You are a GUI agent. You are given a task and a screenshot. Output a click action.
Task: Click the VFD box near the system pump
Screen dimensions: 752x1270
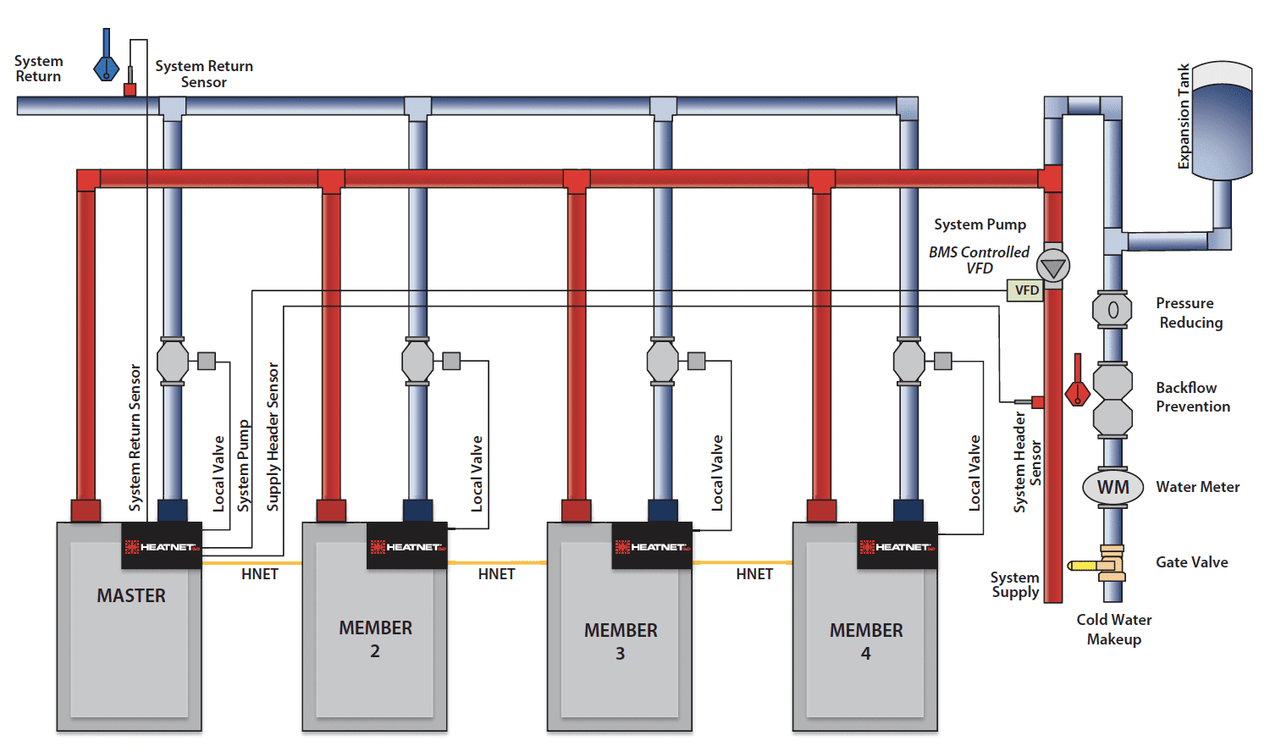click(1026, 290)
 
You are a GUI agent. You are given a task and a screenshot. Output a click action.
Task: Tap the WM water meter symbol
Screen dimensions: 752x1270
click(1113, 487)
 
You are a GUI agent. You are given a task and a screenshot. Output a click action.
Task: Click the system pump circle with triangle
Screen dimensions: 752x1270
click(1053, 267)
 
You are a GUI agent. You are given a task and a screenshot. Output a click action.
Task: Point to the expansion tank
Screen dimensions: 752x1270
click(1221, 120)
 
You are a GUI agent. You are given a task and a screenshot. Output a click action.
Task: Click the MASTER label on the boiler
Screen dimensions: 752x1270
click(131, 596)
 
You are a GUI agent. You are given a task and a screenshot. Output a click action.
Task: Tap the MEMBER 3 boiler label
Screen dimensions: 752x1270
click(621, 641)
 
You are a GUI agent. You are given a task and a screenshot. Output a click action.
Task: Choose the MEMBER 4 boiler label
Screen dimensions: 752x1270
click(866, 641)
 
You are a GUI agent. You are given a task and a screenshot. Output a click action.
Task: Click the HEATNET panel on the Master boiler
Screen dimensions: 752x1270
click(163, 546)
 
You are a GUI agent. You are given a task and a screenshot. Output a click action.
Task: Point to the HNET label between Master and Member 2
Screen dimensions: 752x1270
click(259, 574)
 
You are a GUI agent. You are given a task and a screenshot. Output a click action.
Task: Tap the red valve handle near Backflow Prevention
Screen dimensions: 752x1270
click(1078, 385)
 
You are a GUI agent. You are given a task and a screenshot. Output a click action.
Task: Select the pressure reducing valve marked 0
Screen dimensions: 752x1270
click(1113, 310)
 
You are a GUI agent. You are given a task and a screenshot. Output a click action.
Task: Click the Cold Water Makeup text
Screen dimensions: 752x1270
click(1114, 629)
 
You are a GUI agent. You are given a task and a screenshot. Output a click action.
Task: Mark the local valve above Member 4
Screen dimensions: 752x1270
click(909, 362)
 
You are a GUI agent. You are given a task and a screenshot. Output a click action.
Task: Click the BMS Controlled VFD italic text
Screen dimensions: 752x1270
click(980, 260)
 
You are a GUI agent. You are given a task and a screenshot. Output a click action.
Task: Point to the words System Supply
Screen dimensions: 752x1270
click(1015, 584)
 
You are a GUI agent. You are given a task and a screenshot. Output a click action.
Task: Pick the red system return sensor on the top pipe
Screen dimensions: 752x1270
click(130, 88)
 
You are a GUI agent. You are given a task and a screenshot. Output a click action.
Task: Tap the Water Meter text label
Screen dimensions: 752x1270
click(1197, 487)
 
